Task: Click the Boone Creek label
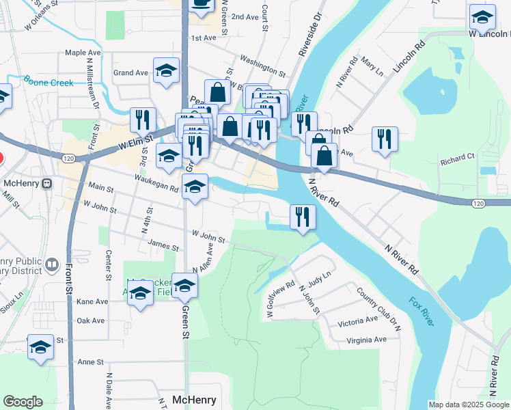point(48,83)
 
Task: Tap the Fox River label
point(421,311)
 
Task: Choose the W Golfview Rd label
point(281,299)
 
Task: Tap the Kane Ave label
point(92,301)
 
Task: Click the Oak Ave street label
point(91,320)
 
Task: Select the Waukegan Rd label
point(157,178)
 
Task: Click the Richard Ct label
point(457,159)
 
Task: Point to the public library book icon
point(53,264)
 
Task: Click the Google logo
point(23,402)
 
